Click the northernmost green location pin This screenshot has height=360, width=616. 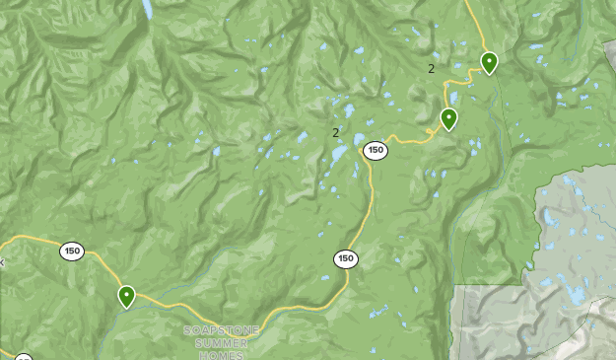tap(489, 63)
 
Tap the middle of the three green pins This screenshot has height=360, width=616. tap(448, 119)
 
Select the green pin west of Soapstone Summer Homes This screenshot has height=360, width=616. tap(126, 296)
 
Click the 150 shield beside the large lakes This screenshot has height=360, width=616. tap(375, 150)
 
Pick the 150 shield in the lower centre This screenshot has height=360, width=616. tap(345, 258)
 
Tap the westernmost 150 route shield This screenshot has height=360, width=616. tap(71, 251)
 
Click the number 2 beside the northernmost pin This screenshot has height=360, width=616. tap(431, 68)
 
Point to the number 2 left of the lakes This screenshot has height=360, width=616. tap(335, 132)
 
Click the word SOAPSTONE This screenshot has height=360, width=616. tap(221, 330)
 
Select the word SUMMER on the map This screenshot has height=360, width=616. tap(221, 342)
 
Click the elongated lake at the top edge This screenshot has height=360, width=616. tap(147, 9)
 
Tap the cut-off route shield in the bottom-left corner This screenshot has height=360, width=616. tap(23, 356)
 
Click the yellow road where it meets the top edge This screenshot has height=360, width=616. tap(467, 3)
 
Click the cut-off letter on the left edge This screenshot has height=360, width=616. tap(2, 262)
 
